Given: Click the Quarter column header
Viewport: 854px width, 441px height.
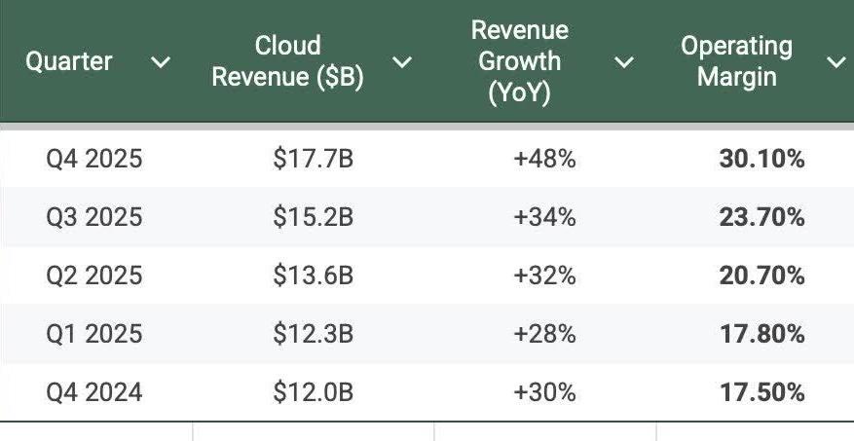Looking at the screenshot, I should click(68, 61).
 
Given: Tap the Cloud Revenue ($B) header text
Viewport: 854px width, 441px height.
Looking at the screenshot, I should click(287, 61).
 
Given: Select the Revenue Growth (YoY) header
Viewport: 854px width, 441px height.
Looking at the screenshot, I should click(519, 60).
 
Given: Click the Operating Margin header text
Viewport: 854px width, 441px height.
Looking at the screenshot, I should click(735, 61).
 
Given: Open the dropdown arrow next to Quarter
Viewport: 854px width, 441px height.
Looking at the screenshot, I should click(161, 63).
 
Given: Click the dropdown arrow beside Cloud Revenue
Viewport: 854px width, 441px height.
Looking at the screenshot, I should click(400, 63).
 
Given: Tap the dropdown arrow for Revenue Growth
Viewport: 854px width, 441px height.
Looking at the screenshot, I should click(623, 63).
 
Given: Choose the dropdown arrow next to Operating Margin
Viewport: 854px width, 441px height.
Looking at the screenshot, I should click(835, 63).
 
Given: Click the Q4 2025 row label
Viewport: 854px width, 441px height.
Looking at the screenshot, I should click(93, 159).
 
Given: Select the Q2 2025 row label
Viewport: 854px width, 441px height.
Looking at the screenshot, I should click(93, 276).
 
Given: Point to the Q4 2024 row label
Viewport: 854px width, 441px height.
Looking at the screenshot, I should click(93, 392).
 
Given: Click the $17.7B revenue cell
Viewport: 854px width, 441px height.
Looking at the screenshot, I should click(312, 159).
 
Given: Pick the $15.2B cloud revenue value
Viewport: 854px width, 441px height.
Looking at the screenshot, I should click(312, 217).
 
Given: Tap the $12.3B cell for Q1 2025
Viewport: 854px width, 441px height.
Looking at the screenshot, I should click(312, 334).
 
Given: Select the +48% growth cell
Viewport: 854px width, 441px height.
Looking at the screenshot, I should click(544, 159).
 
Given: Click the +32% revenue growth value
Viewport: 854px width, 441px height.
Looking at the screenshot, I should click(544, 276).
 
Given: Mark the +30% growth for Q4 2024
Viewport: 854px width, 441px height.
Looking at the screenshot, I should click(544, 392).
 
